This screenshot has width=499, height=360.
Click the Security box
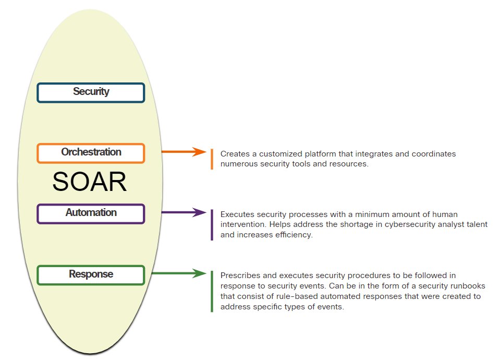[x=91, y=92]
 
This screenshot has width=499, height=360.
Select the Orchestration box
[x=91, y=153]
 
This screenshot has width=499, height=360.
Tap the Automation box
[x=91, y=213]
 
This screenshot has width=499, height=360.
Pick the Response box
[x=91, y=275]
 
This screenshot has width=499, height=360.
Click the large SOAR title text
[x=90, y=182]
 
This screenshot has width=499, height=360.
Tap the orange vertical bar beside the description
[x=212, y=159]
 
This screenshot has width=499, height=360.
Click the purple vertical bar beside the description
[x=212, y=225]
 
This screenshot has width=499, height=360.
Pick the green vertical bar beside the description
[x=212, y=291]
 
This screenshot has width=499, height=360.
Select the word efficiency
[x=294, y=235]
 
